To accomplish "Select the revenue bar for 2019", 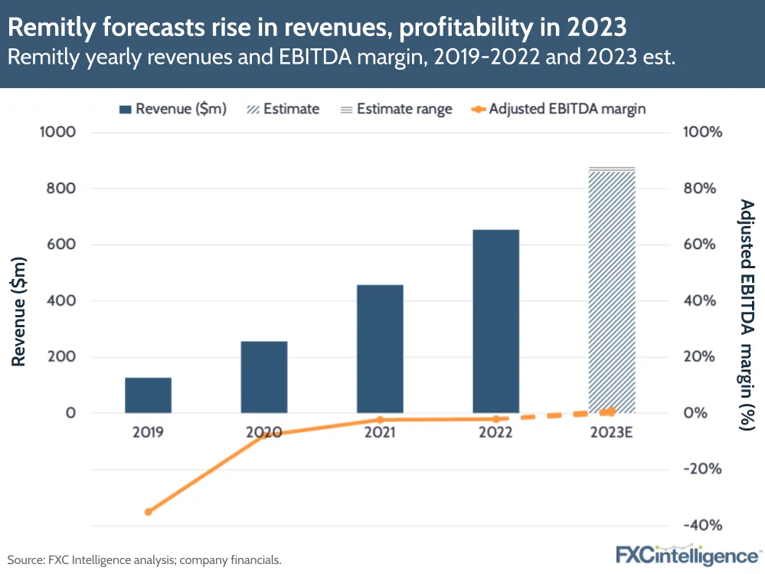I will pyautogui.click(x=148, y=395).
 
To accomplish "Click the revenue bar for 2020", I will pyautogui.click(x=264, y=377).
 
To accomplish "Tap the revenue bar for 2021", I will pyautogui.click(x=380, y=349).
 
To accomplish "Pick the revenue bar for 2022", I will pyautogui.click(x=495, y=321).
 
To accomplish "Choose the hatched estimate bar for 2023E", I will pyautogui.click(x=612, y=291).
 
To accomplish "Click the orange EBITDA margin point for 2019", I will pyautogui.click(x=149, y=512).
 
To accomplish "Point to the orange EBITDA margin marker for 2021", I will pyautogui.click(x=380, y=419).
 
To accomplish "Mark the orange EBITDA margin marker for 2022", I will pyautogui.click(x=495, y=418).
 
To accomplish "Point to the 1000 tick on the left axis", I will pyautogui.click(x=59, y=132).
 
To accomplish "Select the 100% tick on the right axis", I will pyautogui.click(x=703, y=132).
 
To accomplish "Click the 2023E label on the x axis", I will pyautogui.click(x=612, y=433).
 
